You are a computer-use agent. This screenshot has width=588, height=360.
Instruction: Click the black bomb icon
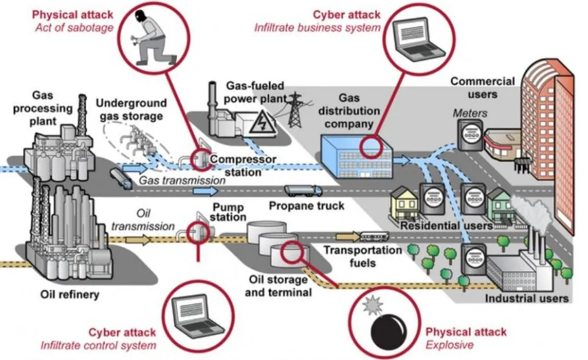tap(388, 330)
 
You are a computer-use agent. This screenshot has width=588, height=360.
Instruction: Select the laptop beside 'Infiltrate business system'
tap(418, 39)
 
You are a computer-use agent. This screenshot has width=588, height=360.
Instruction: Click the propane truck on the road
tap(303, 191)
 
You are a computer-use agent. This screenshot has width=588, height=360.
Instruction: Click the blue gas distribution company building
tap(356, 157)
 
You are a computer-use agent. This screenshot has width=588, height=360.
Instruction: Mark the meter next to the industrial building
tap(474, 259)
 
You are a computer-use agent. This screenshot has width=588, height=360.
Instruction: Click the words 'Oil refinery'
tap(70, 294)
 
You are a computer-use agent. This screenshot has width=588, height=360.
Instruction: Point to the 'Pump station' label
tap(228, 212)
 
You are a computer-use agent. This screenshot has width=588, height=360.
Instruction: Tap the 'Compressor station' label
tap(243, 166)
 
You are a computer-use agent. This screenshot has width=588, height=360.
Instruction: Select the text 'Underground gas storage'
tap(132, 110)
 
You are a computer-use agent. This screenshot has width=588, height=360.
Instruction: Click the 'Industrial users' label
tap(527, 298)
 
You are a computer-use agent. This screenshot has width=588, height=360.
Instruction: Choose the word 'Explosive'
tap(450, 345)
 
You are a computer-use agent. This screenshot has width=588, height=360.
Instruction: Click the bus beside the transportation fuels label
tap(374, 237)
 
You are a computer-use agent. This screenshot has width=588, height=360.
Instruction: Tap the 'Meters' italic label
tap(470, 113)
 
